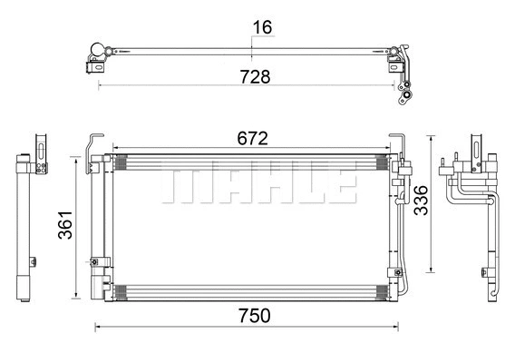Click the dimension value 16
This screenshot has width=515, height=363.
[x=261, y=27]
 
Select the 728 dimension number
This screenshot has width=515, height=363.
[x=255, y=77]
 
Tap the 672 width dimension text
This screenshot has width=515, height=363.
[x=252, y=138]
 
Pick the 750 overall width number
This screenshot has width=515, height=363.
[x=254, y=316]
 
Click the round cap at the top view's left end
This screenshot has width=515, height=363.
[x=92, y=48]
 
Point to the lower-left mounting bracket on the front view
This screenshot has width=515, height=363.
[x=93, y=264]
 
